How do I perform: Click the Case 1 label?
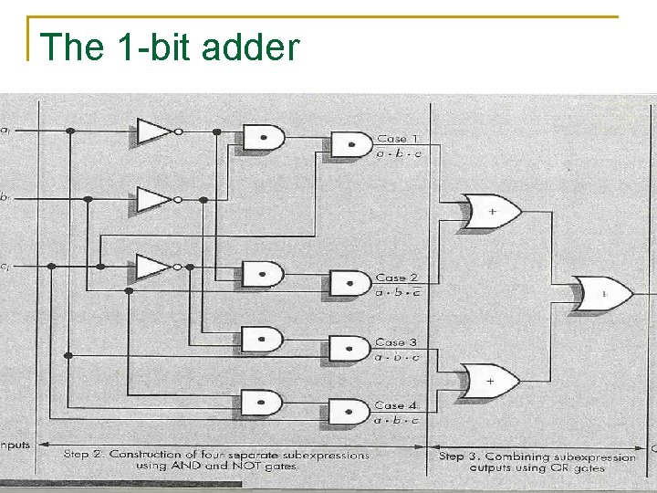click(397, 139)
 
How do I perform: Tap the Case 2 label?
click(397, 278)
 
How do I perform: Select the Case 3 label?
click(397, 342)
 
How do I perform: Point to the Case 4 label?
click(397, 405)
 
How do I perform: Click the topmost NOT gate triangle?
click(154, 131)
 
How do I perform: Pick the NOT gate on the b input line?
click(154, 198)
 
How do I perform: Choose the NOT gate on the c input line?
click(154, 267)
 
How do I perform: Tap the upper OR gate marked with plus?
click(491, 211)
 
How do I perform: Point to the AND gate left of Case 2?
click(349, 283)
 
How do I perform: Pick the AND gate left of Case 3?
click(349, 348)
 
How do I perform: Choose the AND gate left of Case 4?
click(349, 411)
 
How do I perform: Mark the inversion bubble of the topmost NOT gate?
click(178, 131)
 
